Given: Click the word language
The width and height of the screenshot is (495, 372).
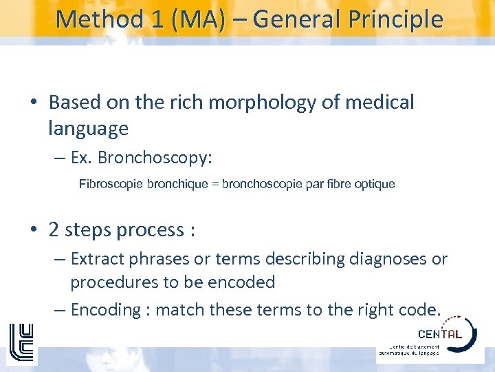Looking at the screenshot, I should [x=88, y=128].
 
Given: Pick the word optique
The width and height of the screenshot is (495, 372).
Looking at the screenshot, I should [x=375, y=184].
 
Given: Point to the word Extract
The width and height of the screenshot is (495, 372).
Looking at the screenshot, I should [x=96, y=259].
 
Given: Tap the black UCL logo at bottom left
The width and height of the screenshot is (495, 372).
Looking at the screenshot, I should [x=21, y=342].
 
